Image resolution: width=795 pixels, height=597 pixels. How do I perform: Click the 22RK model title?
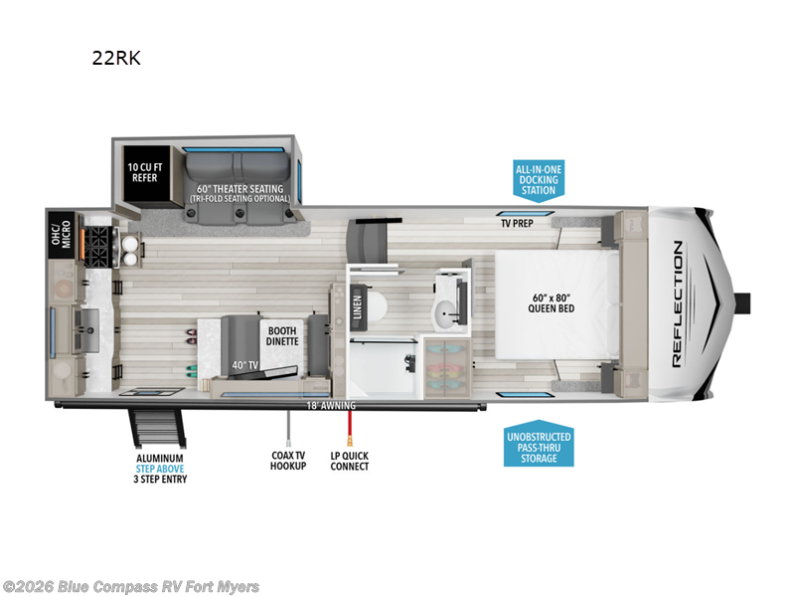tap(116, 58)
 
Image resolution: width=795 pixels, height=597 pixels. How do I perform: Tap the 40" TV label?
tap(244, 365)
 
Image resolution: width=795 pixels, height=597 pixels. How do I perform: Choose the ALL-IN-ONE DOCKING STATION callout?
tap(539, 180)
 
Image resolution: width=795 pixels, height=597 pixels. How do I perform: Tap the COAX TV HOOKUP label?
tap(289, 461)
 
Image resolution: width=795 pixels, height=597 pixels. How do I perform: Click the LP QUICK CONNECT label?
tap(349, 461)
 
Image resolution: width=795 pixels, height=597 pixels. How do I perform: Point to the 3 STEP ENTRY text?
tap(161, 480)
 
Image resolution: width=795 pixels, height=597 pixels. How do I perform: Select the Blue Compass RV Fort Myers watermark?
tap(131, 586)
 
